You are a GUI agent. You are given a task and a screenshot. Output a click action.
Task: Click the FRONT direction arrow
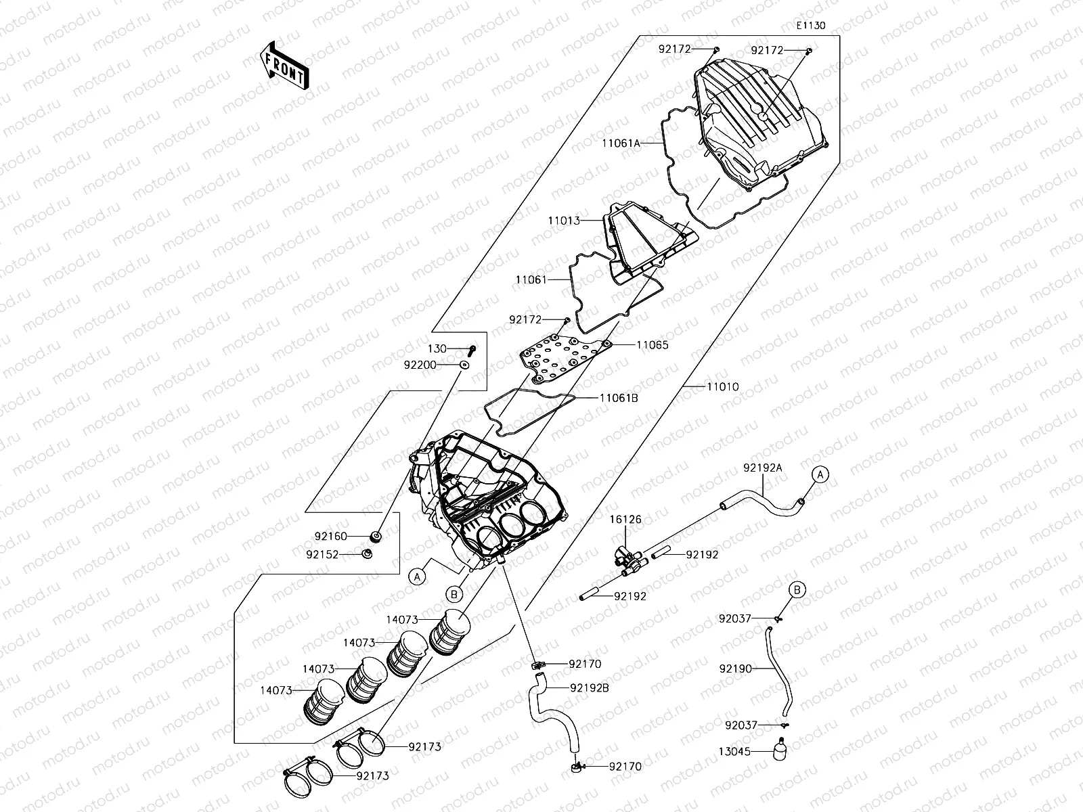pos(284,64)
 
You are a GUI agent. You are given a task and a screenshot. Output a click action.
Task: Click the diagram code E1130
pos(810,26)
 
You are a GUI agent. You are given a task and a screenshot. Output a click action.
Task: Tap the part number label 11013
pos(564,221)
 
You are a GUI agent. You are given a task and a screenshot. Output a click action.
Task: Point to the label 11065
pos(652,345)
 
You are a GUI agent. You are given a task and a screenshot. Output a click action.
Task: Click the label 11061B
pos(619,398)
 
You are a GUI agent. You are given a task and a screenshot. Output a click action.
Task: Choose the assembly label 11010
pos(723,387)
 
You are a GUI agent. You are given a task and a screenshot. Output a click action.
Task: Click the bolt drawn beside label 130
pos(472,350)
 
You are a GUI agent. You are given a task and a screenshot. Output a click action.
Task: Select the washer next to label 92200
pos(464,365)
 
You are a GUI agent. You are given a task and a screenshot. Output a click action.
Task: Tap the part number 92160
pos(330,537)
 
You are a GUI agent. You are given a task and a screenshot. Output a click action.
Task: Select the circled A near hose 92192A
pos(820,475)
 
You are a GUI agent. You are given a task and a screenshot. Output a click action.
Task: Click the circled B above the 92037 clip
pos(797,590)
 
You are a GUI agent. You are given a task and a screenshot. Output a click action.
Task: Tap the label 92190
pos(735,669)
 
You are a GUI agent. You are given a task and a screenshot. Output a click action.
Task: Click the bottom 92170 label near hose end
pos(625,767)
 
